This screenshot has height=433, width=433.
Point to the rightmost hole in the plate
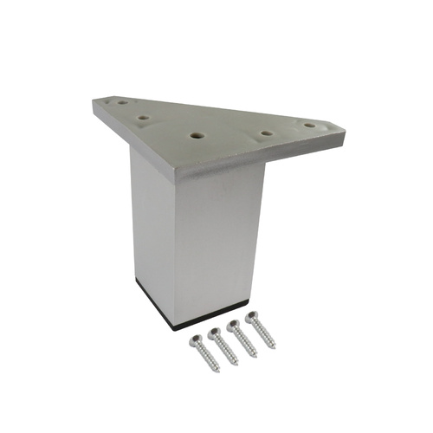tap(309, 126)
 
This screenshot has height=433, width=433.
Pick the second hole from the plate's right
tap(267, 133)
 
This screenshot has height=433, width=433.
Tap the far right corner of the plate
tap(345, 132)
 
